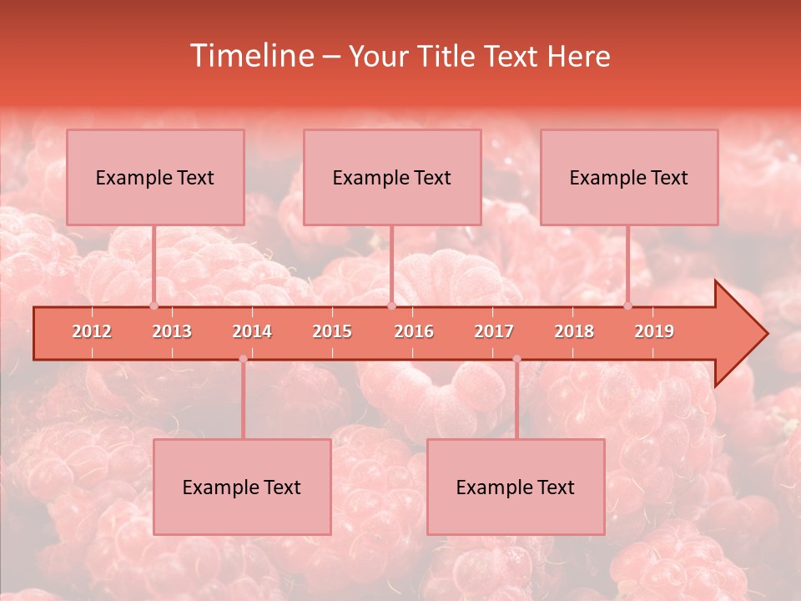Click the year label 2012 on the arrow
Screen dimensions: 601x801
tap(92, 331)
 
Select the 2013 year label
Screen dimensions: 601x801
tap(172, 331)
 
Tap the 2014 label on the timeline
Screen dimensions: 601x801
tap(252, 331)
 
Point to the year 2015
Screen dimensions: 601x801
tap(332, 331)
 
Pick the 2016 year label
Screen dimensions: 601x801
tap(414, 331)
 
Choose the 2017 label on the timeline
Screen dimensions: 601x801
tap(494, 331)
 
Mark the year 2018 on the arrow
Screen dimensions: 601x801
tap(574, 331)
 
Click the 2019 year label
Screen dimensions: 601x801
tap(654, 331)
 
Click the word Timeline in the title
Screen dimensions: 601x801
tap(250, 56)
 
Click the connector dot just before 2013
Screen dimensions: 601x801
tap(154, 306)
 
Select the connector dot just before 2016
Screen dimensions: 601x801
tap(391, 306)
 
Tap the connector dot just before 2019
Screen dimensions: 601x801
tap(627, 306)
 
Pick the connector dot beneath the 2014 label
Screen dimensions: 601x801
tap(243, 359)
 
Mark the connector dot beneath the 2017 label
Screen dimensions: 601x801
tap(516, 359)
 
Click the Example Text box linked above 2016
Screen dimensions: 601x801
tap(391, 177)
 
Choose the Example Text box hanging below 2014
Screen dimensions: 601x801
tap(242, 487)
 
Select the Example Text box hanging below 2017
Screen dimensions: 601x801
tap(516, 487)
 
